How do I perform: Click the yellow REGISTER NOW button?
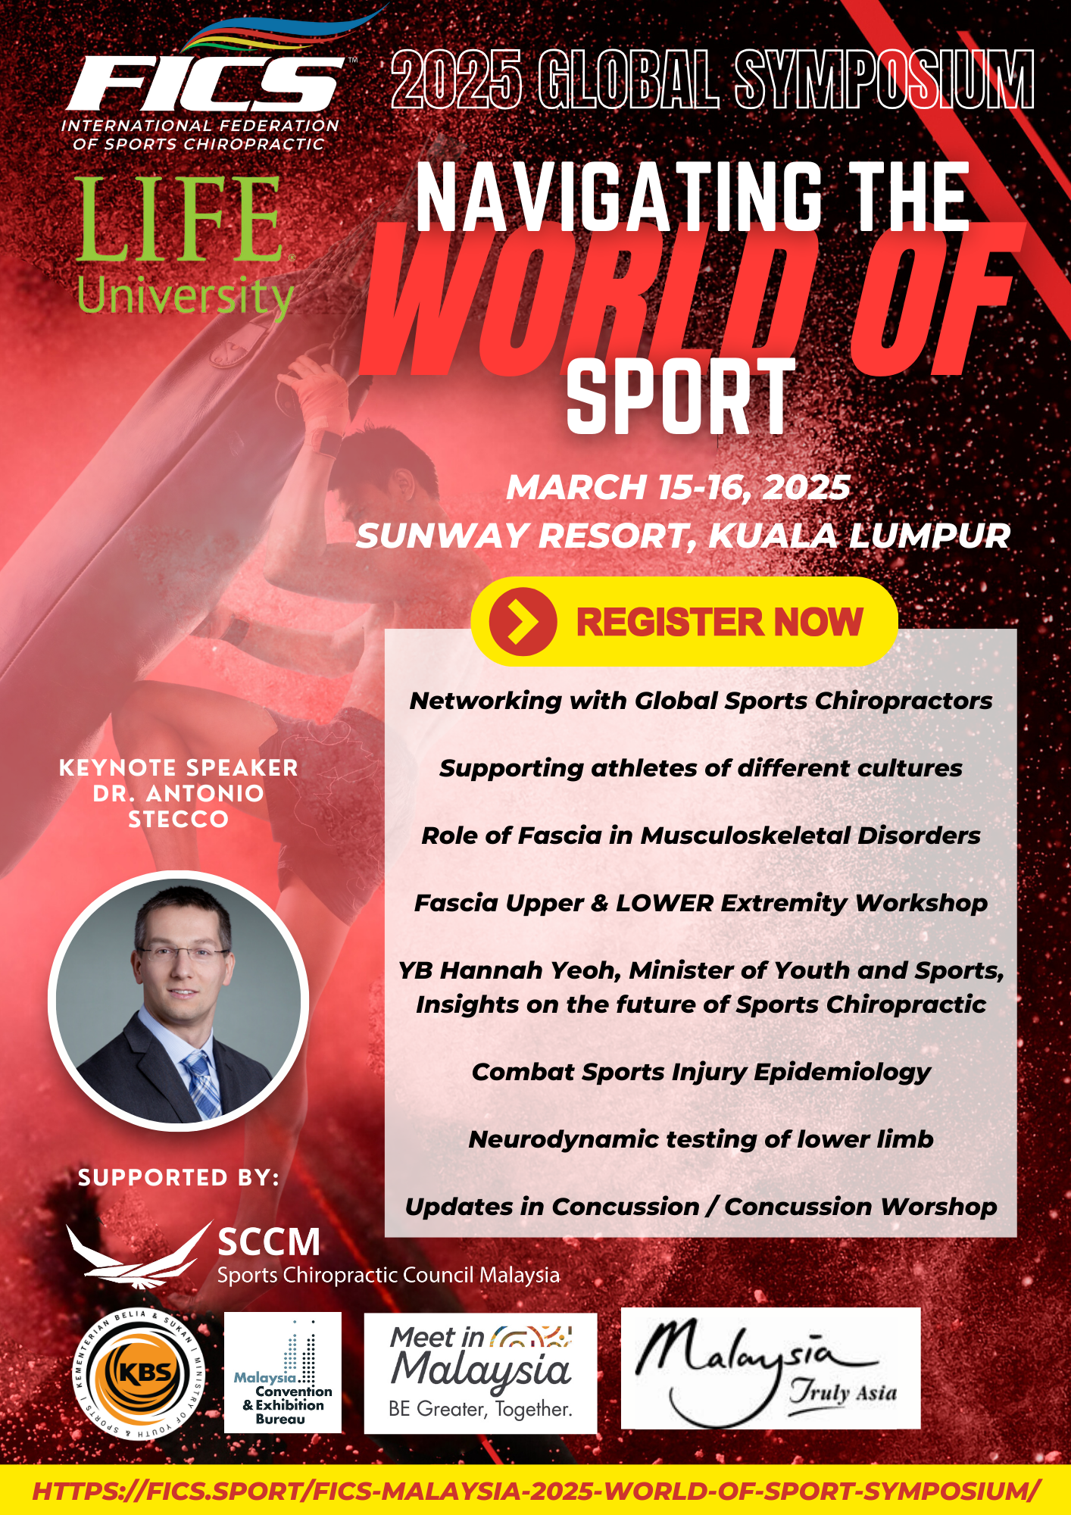pos(684,621)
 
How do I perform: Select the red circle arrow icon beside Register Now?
pos(523,622)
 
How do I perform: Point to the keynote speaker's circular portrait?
pos(179,1001)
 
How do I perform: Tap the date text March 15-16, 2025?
pos(679,487)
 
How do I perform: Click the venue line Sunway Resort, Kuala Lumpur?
pos(683,536)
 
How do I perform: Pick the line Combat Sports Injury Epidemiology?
pos(701,1072)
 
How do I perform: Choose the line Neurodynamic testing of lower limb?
pos(701,1139)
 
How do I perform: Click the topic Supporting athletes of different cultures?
pos(701,768)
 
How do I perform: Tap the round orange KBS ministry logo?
pos(139,1373)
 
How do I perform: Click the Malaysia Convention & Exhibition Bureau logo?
pos(283,1373)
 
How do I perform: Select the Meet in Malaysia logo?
pos(480,1373)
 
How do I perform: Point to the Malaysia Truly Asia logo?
pos(770,1368)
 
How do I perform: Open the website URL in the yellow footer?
pos(536,1491)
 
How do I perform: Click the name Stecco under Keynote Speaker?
pos(179,819)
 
